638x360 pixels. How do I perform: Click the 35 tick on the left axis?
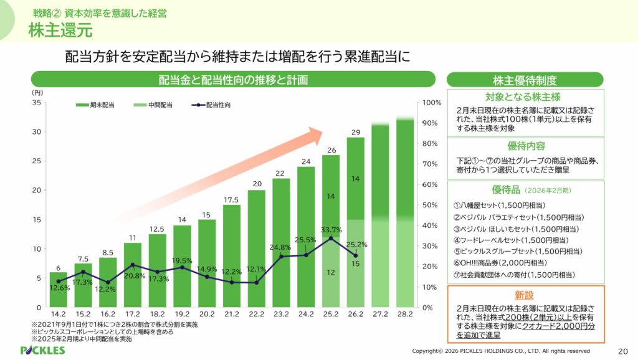[x=37, y=103]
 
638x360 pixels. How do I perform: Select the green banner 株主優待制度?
[x=525, y=80]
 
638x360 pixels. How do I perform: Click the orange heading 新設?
[x=525, y=295]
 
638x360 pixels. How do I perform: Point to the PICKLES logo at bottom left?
[x=42, y=351]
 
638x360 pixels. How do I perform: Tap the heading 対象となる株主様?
[x=525, y=97]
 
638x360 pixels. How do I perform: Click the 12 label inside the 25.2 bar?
[x=331, y=272]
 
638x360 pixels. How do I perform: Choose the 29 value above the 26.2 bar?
[x=355, y=132]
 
